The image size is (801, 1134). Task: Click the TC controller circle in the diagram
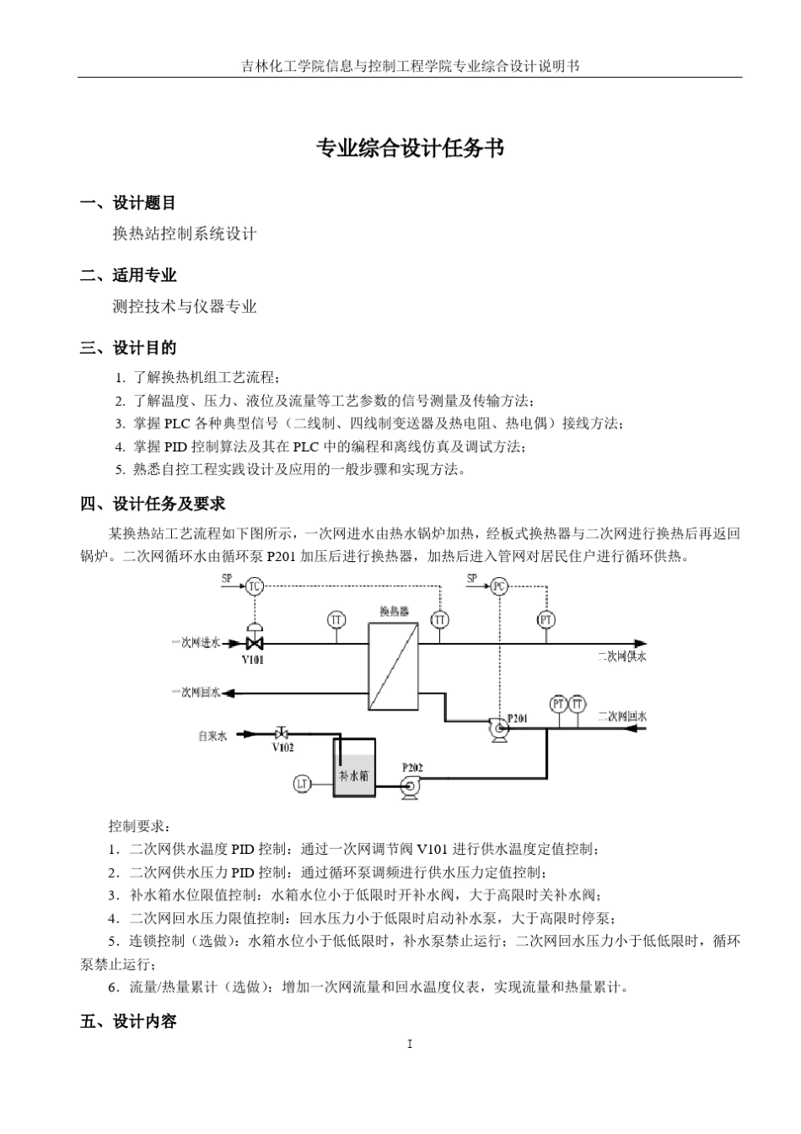coord(254,586)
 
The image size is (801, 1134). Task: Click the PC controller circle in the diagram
coord(499,586)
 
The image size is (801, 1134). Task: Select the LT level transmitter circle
coord(302,784)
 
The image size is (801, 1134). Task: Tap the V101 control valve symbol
coord(253,641)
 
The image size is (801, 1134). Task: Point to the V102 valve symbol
coord(282,733)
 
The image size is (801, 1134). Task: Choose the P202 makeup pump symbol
coord(411,786)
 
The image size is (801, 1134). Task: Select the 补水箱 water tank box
coord(353,769)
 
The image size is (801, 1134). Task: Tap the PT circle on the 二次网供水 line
coord(546,620)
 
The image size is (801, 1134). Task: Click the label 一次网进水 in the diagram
coord(196,643)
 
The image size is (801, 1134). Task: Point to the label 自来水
coord(212,736)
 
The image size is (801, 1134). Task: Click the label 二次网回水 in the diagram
coord(622,717)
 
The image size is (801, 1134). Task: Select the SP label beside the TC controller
coord(226,579)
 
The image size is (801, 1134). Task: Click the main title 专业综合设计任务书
coord(410,148)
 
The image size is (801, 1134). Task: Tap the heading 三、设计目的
coord(128,348)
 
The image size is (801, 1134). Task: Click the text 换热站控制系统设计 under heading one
coord(185,234)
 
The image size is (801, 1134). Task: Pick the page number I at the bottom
coord(410,1045)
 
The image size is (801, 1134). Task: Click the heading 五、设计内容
coord(128,1021)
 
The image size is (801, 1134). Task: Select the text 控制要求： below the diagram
coord(140,825)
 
